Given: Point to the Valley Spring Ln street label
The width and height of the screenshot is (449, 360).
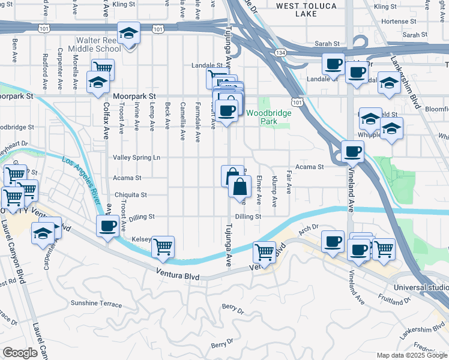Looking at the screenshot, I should pos(137,157).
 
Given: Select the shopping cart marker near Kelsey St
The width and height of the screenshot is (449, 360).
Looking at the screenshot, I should pos(163,245).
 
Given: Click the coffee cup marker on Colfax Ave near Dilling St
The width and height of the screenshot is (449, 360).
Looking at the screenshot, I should pos(108,226).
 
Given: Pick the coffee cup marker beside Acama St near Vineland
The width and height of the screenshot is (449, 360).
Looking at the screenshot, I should pos(352,150).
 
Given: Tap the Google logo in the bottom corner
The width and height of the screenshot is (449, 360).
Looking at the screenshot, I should pos(20,353).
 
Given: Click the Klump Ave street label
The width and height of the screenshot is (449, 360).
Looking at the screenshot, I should pos(274,188).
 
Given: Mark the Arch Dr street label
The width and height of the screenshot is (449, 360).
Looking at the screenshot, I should pos(307,229).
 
